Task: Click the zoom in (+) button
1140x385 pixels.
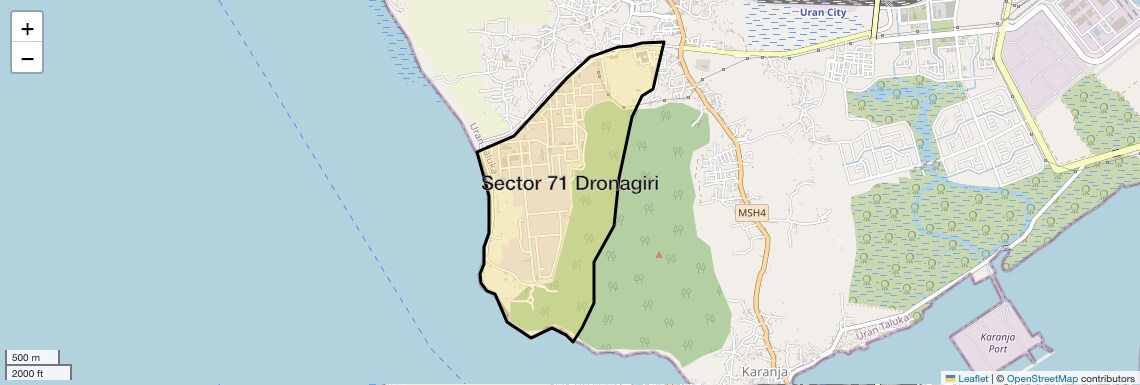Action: (27, 29)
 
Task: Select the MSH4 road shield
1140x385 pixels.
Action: (751, 213)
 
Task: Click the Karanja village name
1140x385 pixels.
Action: (761, 373)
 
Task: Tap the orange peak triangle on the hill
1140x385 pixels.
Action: (658, 254)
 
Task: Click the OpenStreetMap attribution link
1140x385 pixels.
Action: (1042, 378)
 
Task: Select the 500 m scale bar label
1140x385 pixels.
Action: (27, 357)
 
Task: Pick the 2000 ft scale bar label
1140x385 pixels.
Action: (30, 373)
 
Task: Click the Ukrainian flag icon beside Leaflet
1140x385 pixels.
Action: (950, 378)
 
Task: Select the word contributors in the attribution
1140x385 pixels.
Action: (1108, 378)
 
